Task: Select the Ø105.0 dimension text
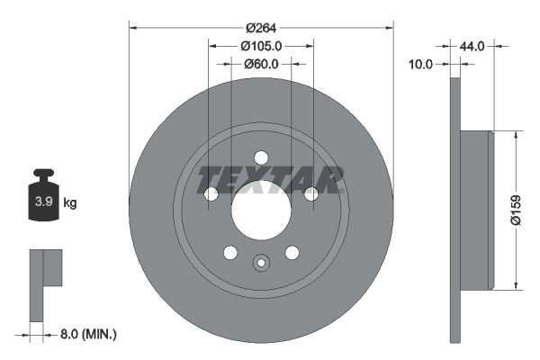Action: (x=262, y=45)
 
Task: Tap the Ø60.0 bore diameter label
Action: (x=262, y=64)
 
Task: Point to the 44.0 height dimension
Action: (x=473, y=45)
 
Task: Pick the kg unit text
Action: (x=70, y=203)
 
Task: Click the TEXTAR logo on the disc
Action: (x=271, y=178)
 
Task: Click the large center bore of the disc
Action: (x=261, y=211)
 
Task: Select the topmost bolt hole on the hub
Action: (x=261, y=157)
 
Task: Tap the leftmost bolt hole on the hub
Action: (x=212, y=194)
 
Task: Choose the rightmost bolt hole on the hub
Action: (x=310, y=194)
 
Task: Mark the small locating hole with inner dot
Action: (x=261, y=263)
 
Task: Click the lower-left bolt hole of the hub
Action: (x=230, y=252)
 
